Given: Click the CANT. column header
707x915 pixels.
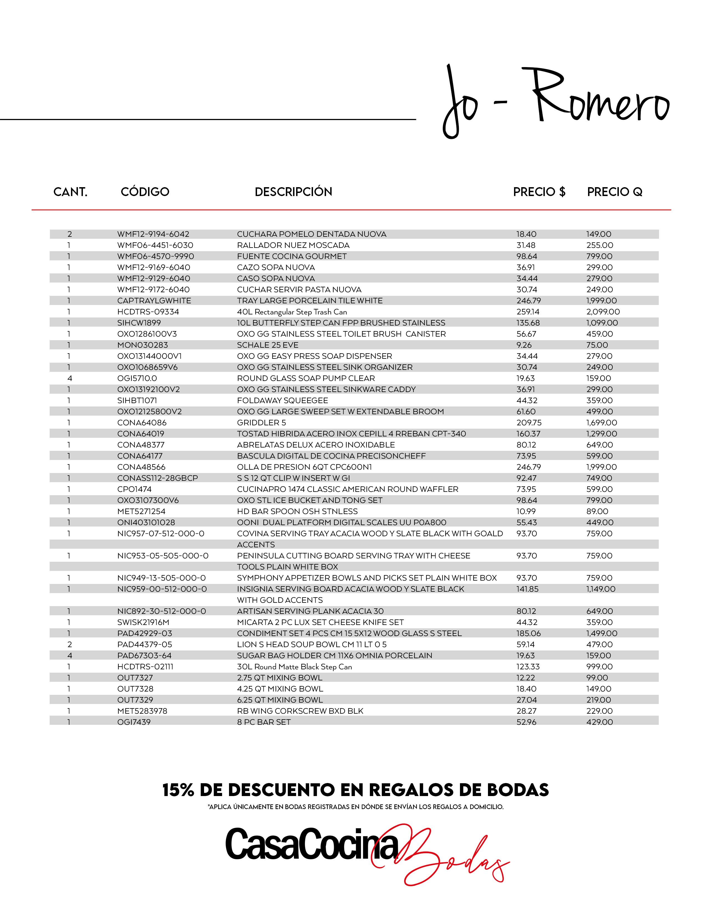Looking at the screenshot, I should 70,192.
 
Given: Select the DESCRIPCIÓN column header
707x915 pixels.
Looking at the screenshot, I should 293,192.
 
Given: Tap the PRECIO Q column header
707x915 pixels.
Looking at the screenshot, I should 614,192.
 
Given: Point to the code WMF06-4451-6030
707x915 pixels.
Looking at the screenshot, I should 155,245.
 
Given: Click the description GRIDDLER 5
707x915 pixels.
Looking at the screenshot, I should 261,423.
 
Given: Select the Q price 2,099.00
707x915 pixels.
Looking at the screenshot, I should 603,312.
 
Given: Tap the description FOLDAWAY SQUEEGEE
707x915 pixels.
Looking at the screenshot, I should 282,401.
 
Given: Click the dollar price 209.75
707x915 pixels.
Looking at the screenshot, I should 528,423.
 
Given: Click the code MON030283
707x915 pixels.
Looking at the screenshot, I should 143,345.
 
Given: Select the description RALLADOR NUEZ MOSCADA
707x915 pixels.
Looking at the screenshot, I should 293,245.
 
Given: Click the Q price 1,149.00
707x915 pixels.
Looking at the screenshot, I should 601,589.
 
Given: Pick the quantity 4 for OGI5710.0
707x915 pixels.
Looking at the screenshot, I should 70,378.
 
